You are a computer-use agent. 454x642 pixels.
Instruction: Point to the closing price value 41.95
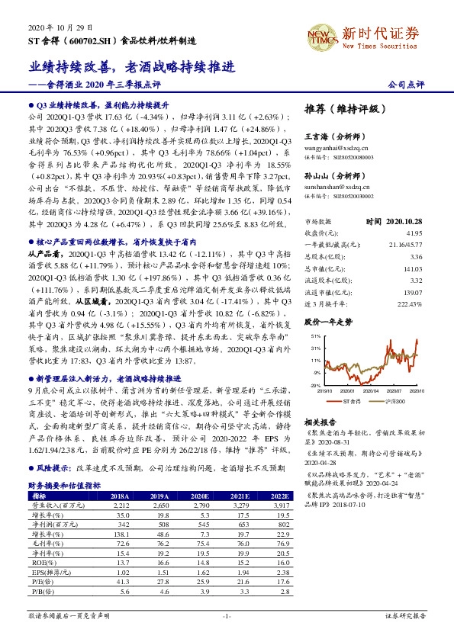click(414, 232)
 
